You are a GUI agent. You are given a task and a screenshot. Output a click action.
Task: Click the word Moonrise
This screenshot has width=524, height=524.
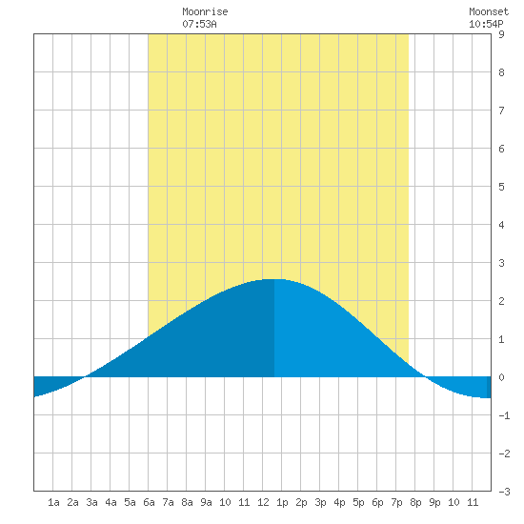click(205, 11)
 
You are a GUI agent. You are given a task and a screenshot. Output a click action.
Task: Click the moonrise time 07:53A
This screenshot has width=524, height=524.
click(199, 24)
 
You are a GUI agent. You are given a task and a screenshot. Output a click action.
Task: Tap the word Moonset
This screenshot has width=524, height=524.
click(489, 11)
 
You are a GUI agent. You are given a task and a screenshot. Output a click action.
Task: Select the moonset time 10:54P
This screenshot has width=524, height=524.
click(486, 24)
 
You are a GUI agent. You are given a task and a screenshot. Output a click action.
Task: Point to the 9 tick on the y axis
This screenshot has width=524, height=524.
click(501, 34)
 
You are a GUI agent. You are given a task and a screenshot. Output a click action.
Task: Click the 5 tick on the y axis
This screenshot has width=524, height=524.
click(501, 187)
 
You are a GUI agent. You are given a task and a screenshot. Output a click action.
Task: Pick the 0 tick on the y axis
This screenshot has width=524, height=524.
click(501, 377)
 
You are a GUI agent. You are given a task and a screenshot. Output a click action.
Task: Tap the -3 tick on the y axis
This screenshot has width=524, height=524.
click(504, 492)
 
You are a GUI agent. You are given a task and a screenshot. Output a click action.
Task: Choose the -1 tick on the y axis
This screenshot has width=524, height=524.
click(504, 415)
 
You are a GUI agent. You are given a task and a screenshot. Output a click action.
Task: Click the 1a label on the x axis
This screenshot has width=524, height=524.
click(53, 502)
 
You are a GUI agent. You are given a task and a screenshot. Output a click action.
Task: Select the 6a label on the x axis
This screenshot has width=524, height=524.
click(149, 502)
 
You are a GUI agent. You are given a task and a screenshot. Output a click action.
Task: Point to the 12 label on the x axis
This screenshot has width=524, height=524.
click(263, 502)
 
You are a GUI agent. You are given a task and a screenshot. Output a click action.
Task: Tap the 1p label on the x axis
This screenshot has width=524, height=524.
click(282, 502)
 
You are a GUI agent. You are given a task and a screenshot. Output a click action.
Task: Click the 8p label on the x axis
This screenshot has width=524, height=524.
click(415, 502)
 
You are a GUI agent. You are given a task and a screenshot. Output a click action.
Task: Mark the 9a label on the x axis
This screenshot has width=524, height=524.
click(206, 502)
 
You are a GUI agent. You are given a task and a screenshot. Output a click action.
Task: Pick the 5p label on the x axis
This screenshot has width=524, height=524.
click(358, 502)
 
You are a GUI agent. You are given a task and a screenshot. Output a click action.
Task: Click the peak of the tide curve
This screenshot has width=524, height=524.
click(274, 279)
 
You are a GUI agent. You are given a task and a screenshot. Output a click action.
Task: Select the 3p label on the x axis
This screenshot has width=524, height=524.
click(320, 502)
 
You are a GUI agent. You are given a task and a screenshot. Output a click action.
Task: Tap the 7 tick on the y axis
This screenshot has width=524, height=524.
click(501, 111)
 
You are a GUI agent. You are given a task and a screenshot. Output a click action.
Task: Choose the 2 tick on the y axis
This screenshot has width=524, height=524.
click(501, 301)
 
